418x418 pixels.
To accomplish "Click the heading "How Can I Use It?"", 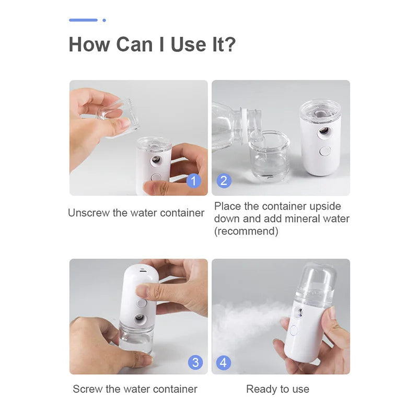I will click(152, 44).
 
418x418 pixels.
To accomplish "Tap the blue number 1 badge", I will click(193, 181).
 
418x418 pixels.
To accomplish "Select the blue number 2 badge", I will click(224, 181).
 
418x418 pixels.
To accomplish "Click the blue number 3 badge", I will click(195, 362).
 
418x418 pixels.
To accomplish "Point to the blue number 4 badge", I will click(224, 362).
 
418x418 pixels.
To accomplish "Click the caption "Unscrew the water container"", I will click(136, 213).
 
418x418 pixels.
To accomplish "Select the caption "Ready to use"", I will click(277, 389).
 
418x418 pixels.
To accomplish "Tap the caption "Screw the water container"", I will click(135, 389).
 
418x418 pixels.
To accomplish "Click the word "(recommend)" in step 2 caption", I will click(246, 231).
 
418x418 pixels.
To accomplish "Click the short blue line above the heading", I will click(83, 20).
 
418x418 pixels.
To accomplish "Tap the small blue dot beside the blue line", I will click(104, 20).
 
